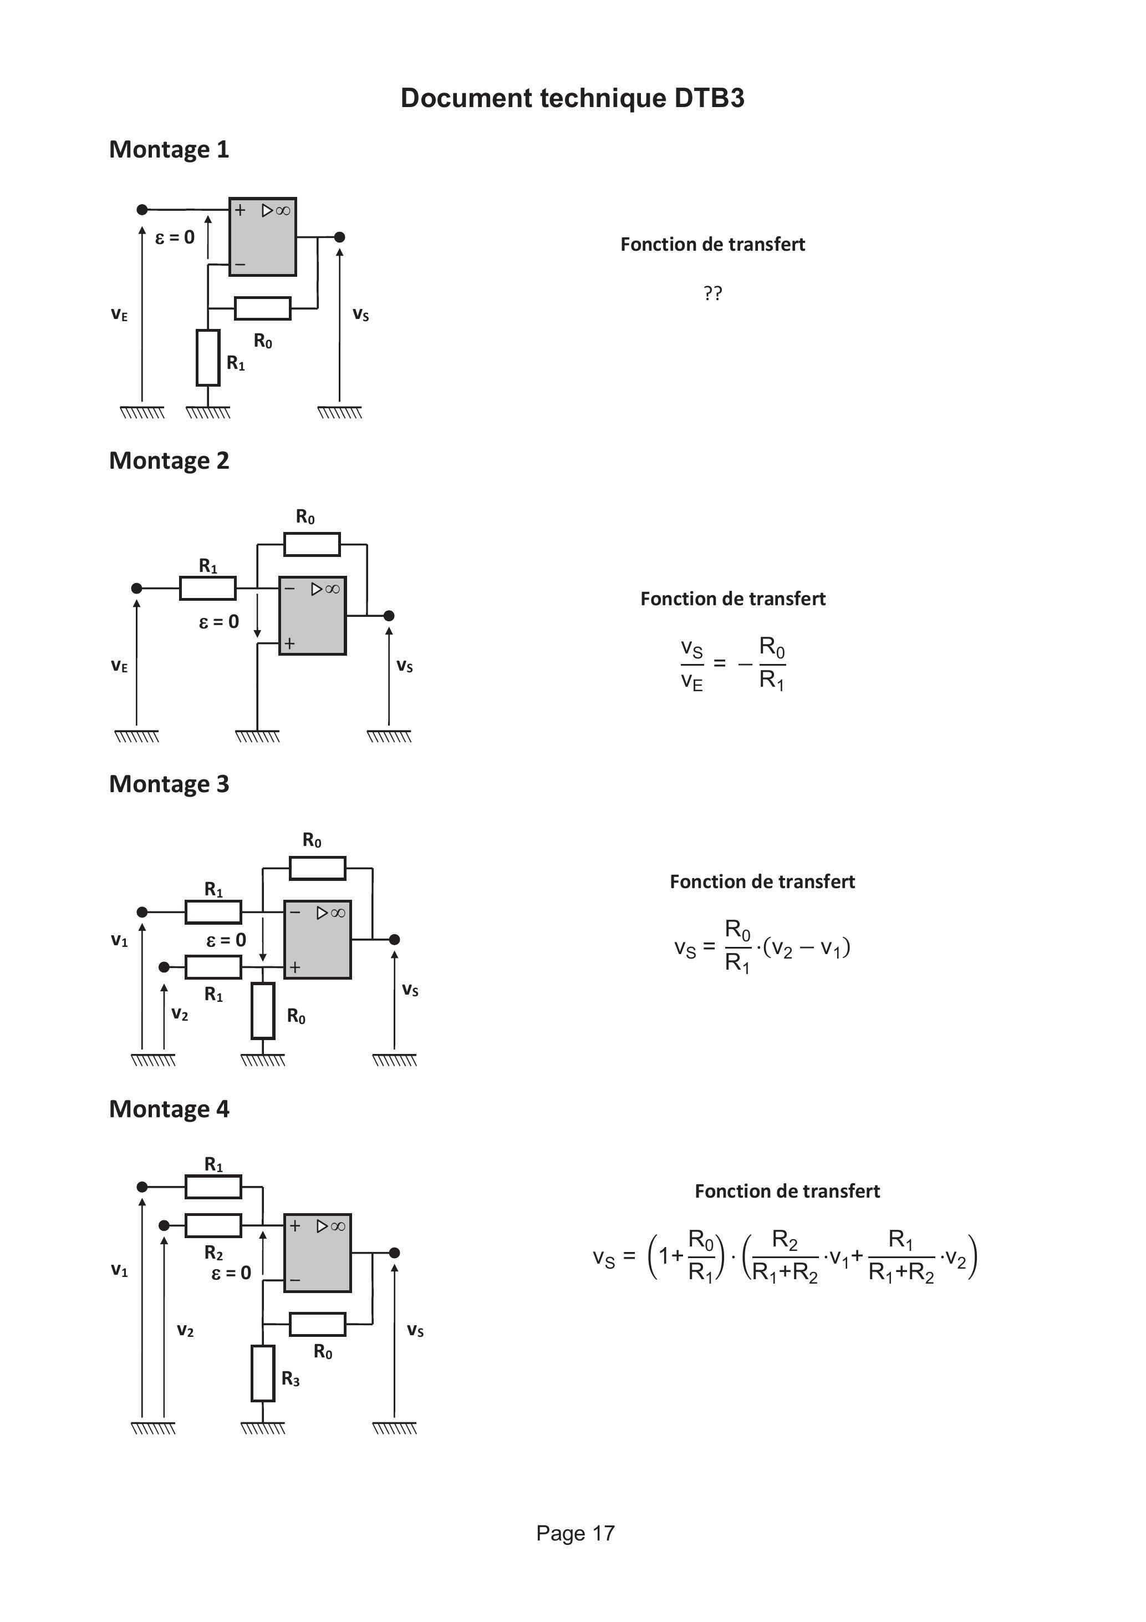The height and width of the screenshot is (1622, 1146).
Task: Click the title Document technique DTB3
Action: (572, 98)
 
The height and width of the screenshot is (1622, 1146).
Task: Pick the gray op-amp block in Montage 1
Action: (263, 237)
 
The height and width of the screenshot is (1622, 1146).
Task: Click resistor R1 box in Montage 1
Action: (208, 357)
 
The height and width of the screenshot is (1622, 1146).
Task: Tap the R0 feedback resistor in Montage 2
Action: (312, 545)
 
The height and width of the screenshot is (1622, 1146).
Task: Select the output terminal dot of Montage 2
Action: (388, 616)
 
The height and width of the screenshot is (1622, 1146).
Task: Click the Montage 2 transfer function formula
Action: (732, 664)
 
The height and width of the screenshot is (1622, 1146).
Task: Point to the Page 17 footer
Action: (575, 1533)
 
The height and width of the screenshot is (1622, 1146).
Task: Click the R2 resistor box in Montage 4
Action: (213, 1226)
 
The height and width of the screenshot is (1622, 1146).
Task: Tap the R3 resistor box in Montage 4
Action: (263, 1373)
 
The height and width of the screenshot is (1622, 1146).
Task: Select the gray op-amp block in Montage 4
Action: (318, 1253)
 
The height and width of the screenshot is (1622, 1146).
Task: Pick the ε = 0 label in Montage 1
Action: (175, 237)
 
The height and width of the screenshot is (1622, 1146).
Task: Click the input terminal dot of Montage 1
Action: (142, 210)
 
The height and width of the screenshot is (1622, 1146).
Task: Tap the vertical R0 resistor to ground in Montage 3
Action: (263, 1010)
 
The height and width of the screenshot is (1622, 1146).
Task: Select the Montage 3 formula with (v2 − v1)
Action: (762, 947)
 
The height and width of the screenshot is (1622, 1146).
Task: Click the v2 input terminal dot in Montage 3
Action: (164, 966)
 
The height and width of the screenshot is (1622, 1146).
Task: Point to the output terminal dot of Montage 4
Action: (395, 1253)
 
